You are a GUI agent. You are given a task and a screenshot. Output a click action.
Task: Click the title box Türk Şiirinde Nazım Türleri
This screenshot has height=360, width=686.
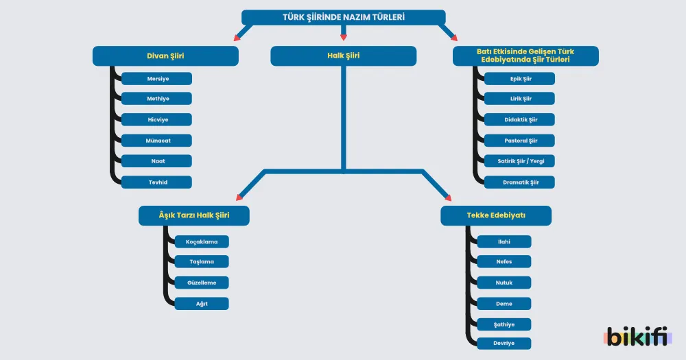coord(344,18)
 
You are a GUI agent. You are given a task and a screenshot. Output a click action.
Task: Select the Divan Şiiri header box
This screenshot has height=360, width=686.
coord(165,56)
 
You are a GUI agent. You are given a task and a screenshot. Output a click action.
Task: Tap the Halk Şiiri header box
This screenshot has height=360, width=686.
coord(344,56)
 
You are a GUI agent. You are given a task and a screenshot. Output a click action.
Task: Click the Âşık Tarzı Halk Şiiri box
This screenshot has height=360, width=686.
coord(194,215)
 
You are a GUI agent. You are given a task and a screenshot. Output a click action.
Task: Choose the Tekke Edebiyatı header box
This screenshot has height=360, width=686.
coord(496,215)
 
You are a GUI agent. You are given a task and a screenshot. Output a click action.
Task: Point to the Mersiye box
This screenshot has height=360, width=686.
coord(156,79)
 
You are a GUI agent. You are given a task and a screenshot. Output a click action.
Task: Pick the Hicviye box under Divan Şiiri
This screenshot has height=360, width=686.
coord(156,119)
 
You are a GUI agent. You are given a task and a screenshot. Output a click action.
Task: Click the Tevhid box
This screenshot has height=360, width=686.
coord(156,182)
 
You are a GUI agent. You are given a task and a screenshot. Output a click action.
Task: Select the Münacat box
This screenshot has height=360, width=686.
coord(156,141)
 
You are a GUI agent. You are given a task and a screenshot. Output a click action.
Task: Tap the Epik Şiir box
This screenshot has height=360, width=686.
coord(519,79)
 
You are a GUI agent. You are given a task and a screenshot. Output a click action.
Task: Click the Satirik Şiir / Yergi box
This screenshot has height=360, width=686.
coord(519,161)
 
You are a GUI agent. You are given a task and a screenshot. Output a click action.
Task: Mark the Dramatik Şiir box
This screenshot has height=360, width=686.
coord(519,182)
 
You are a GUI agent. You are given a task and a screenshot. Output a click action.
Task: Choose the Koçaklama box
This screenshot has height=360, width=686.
coord(202,242)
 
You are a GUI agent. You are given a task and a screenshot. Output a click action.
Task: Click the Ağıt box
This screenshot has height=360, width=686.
coord(202,304)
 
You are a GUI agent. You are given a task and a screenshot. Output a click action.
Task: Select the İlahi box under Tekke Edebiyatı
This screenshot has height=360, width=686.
coord(504,242)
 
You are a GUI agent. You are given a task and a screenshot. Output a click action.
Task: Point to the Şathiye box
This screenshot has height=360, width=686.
coord(504,324)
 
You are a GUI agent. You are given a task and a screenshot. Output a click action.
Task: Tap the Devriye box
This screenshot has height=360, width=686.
coord(504,344)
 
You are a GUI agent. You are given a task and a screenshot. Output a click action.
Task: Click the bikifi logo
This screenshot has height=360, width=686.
coord(638,337)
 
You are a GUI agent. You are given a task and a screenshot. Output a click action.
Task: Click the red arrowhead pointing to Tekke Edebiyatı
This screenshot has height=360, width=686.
coord(447,197)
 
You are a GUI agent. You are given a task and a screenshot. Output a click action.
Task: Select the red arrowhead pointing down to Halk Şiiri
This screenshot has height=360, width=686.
coord(344,38)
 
